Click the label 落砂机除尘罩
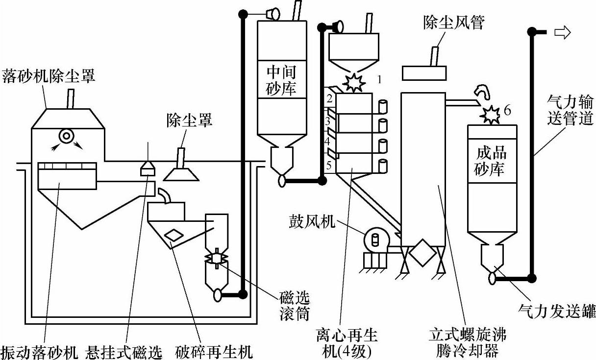click(x=49, y=76)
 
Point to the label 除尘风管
click(x=454, y=22)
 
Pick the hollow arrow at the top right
click(x=563, y=32)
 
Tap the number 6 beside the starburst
click(x=507, y=110)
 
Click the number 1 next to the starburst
click(x=380, y=79)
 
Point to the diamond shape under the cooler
click(x=422, y=253)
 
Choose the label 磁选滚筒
click(x=295, y=306)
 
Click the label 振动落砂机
click(x=39, y=352)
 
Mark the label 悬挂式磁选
click(x=124, y=352)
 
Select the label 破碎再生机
click(x=214, y=352)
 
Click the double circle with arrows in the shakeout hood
click(x=67, y=136)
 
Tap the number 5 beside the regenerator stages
click(x=329, y=166)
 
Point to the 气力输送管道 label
click(x=570, y=110)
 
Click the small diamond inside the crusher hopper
click(x=174, y=235)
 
